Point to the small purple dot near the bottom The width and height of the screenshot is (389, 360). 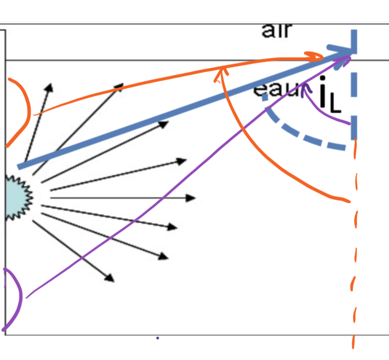[157, 338]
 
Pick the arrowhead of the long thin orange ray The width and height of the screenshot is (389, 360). [318, 57]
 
